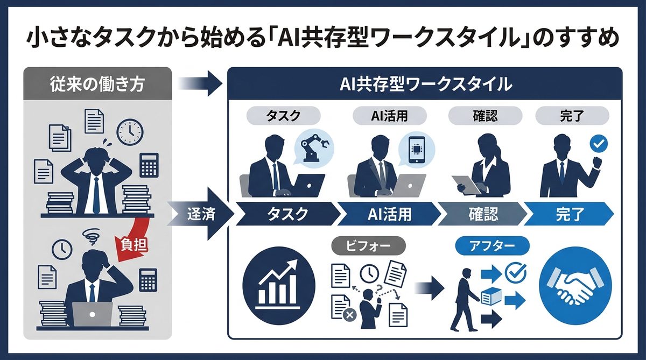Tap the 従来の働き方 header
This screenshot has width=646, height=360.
[98, 85]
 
